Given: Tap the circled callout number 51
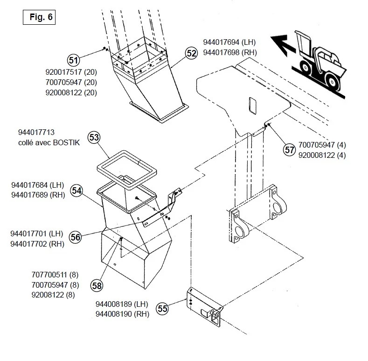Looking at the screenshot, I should [x=73, y=60].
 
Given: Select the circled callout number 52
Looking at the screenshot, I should [x=191, y=53].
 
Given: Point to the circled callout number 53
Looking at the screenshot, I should [x=94, y=138].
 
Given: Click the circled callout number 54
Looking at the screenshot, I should [x=76, y=191].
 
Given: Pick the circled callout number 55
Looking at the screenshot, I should [x=162, y=308].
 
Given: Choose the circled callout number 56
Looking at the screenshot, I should [x=75, y=237].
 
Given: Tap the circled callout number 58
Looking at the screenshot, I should [x=97, y=284].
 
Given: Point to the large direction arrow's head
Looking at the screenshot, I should [x=277, y=45].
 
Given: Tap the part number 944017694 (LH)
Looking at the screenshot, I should [x=229, y=42].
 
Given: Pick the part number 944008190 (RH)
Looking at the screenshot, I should [x=122, y=314].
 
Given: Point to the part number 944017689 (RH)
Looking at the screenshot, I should [x=38, y=195].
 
